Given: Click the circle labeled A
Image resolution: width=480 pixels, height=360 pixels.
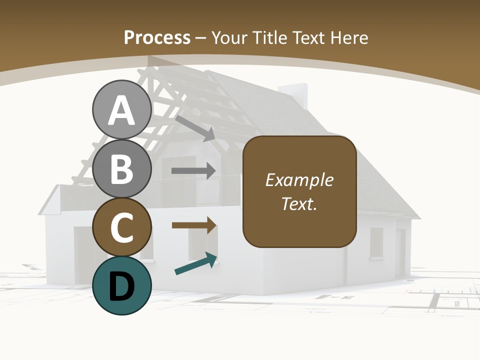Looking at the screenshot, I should pos(121,110).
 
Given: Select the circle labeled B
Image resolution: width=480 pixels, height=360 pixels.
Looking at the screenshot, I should pos(121,169).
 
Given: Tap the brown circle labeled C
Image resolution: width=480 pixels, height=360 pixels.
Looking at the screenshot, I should pos(121,227).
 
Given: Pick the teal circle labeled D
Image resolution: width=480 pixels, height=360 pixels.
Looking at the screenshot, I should pos(121,285).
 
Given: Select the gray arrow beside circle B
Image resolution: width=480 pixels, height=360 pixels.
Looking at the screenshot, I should pos(193,170).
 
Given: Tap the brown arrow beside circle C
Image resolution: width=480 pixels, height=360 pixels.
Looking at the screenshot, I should pos(194,225).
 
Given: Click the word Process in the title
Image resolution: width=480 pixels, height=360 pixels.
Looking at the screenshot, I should pos(157,37).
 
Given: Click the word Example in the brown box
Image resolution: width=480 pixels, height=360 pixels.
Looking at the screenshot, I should pos(299,180).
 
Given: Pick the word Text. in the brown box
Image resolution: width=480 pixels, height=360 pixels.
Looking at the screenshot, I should pos(299,203).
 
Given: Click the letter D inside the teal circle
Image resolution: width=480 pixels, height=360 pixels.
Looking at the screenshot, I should pos(121,286).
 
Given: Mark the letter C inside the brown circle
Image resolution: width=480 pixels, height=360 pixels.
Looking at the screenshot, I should pos(121,227).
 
